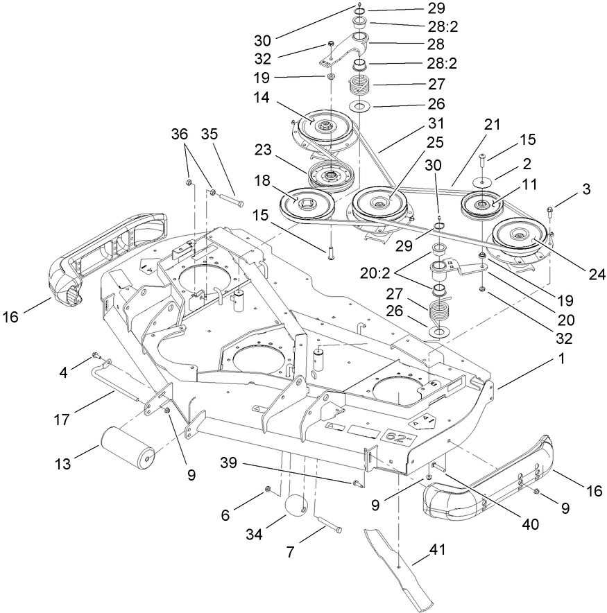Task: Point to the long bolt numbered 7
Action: (x=330, y=524)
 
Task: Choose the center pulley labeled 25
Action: (x=380, y=204)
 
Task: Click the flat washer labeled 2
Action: (x=481, y=182)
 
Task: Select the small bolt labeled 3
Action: (x=549, y=209)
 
